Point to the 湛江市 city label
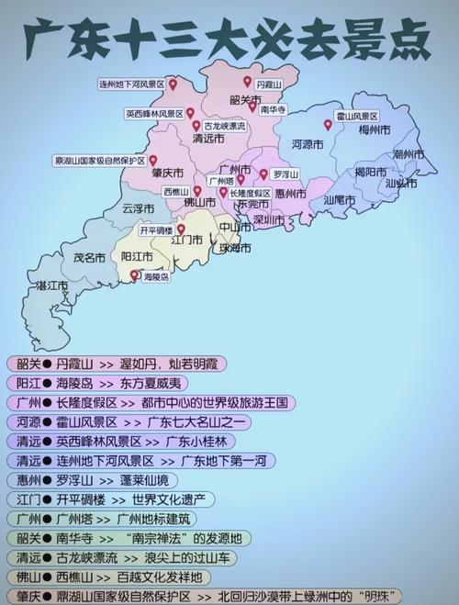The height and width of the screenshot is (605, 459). [x=51, y=286]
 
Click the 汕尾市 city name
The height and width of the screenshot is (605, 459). [x=340, y=199]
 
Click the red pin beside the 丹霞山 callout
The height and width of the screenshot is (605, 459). [x=247, y=82]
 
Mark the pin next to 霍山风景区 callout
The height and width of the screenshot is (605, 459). [x=327, y=125]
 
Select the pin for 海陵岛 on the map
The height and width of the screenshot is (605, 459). [x=134, y=274]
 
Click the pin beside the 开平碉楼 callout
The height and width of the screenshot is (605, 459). [x=181, y=230]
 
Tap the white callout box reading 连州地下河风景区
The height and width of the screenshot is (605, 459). [x=131, y=84]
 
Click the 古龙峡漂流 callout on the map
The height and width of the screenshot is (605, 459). [x=224, y=126]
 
